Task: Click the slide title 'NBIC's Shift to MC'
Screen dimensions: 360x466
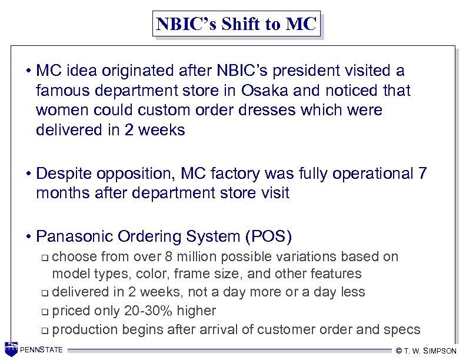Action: (x=237, y=24)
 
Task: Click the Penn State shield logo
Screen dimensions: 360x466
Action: (x=11, y=349)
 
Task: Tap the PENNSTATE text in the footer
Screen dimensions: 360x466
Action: (x=41, y=351)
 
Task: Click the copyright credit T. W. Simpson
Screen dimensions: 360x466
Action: (x=427, y=351)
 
